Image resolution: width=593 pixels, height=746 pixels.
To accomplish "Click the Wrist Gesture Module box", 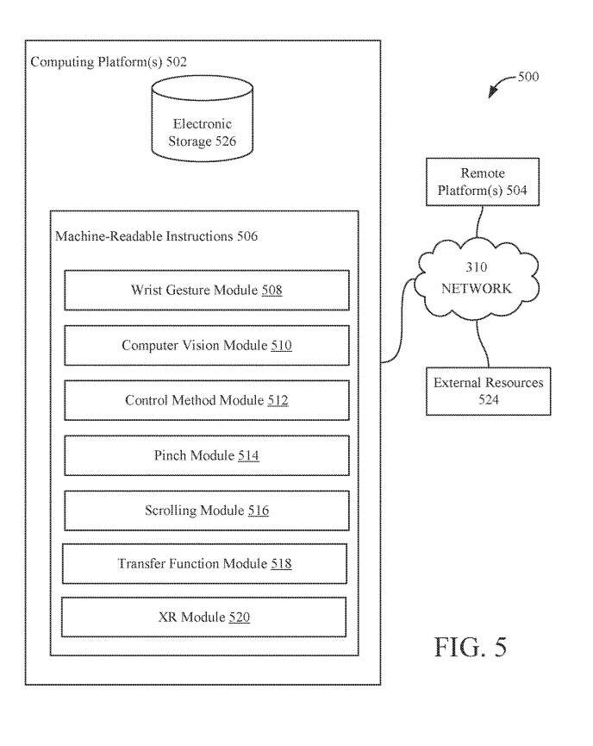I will (207, 290).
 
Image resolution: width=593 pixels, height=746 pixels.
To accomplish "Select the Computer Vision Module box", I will (207, 345).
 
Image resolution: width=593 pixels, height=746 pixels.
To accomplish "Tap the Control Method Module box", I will (207, 400).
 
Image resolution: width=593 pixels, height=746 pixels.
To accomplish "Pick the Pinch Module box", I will (207, 455).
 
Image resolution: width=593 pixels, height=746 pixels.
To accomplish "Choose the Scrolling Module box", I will (207, 511).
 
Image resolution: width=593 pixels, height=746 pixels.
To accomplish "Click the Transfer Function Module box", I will (205, 564).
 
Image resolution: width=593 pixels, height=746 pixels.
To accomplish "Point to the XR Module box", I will (205, 617).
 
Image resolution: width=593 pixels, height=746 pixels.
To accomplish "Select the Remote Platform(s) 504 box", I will (483, 181).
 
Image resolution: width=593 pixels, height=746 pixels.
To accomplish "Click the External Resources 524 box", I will (489, 391).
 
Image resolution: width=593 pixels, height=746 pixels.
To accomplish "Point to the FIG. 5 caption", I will (470, 647).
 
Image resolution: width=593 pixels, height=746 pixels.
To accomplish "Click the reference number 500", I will (528, 77).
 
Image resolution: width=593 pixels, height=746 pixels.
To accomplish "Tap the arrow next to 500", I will (500, 87).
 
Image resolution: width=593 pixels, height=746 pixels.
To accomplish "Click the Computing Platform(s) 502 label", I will (109, 62).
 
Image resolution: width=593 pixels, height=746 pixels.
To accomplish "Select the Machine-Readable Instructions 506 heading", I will (156, 235).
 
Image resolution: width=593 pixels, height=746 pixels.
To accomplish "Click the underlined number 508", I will (272, 291).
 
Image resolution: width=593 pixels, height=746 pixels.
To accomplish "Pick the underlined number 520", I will (240, 617).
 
